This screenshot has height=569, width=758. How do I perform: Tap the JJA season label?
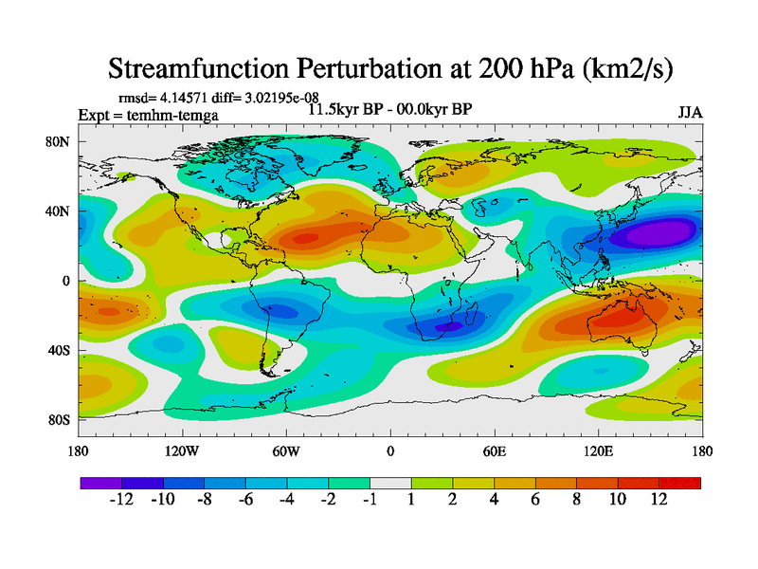[690, 112]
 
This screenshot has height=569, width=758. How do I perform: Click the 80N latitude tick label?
[60, 141]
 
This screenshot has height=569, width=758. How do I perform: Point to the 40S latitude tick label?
[60, 350]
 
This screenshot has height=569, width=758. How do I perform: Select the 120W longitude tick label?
[182, 450]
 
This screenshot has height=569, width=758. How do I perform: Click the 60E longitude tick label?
[494, 450]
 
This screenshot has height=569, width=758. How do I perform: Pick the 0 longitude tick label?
[389, 450]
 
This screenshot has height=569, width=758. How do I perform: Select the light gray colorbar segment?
[389, 483]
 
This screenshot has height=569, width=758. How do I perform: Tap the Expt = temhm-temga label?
[148, 115]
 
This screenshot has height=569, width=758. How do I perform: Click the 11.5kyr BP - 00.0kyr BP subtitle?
[389, 109]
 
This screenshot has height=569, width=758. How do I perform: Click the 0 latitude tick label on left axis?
[66, 281]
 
